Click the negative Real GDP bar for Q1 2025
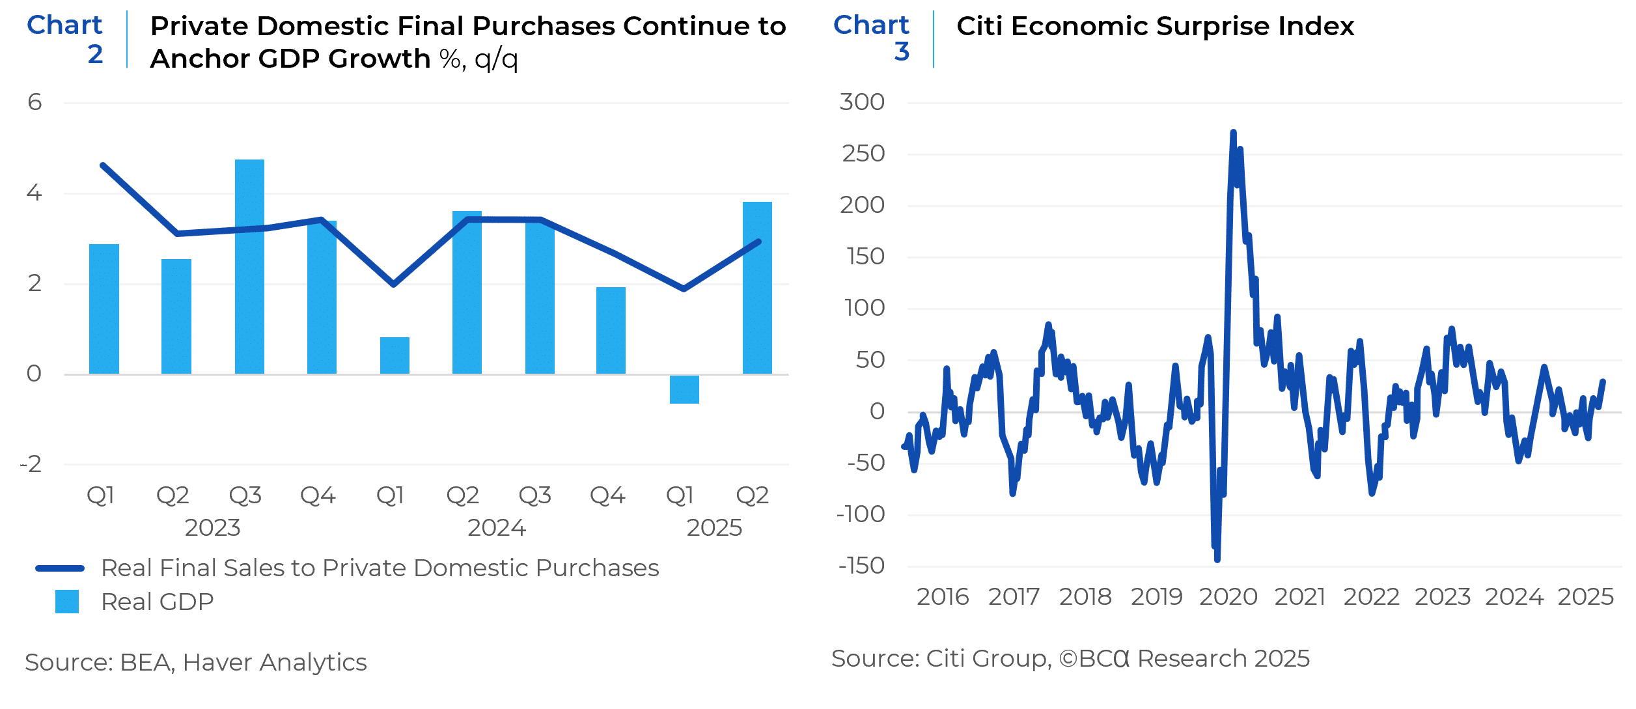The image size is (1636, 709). pos(684,389)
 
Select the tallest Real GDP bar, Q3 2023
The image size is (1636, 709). pos(249,267)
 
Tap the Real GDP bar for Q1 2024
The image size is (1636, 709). pos(395,355)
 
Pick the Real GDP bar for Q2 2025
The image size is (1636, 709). pos(757,288)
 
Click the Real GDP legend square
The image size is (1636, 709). pos(67,602)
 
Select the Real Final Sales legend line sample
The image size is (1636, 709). pos(60,568)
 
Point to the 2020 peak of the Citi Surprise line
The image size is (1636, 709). pos(1233,133)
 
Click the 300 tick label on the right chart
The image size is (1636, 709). pos(862,102)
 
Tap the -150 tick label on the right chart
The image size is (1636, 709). pos(861,566)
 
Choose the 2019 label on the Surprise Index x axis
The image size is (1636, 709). pos(1156,597)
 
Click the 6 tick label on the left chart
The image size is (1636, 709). pos(35,102)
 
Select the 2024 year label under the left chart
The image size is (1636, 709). pos(497,528)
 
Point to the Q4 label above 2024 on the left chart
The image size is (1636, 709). pos(607,496)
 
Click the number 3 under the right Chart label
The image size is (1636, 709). pos(902,52)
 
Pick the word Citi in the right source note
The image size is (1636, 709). pos(945,659)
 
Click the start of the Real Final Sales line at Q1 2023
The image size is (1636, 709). pos(104,165)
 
